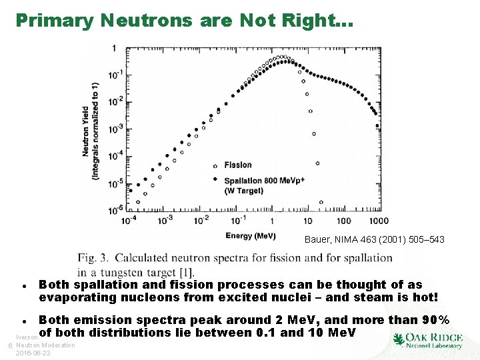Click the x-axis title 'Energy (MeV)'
[251, 236]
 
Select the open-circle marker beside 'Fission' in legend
[215, 165]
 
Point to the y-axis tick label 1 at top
[115, 48]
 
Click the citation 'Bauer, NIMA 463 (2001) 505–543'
[374, 239]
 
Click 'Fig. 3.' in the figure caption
[95, 259]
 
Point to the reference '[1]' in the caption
[186, 271]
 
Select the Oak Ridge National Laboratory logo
[427, 338]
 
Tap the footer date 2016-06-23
[33, 353]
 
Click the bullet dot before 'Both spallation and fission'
[24, 285]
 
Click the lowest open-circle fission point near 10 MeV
[321, 202]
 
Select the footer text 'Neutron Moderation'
[45, 345]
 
